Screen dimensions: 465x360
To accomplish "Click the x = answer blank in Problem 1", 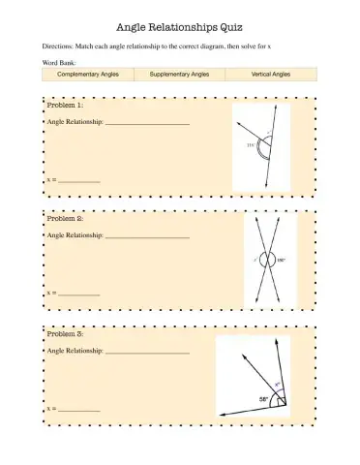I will click(80, 179).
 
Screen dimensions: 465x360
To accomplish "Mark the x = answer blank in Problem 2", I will click(80, 293).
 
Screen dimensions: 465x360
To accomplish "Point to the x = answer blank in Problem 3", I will click(80, 408).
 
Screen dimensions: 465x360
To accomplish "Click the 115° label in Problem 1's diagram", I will click(251, 144).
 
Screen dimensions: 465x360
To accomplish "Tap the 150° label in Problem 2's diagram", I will click(282, 260).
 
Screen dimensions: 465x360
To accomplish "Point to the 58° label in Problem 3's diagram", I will click(262, 398).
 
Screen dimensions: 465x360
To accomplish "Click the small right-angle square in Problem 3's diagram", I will click(281, 400).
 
